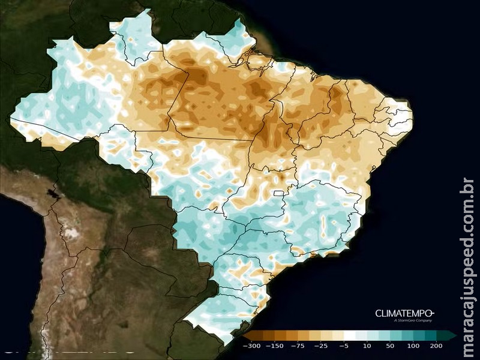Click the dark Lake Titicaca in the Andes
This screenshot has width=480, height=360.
click(x=47, y=194)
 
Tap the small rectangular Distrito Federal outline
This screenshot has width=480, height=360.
click(x=278, y=193)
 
